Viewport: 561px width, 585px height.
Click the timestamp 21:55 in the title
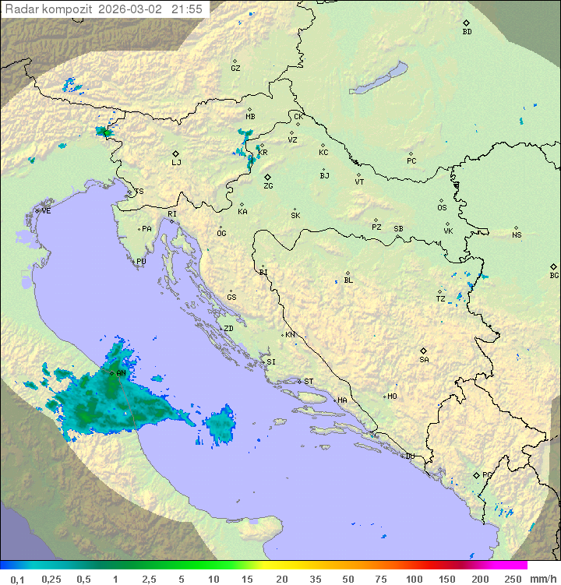pos(188,9)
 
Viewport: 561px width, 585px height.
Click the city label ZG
pos(268,186)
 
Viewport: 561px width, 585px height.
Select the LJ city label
pos(176,163)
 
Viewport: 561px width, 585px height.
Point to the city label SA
pos(424,360)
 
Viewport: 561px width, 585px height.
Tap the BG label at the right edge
pos(554,275)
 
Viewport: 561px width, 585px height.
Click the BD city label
pos(467,32)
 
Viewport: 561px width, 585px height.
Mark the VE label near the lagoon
pos(46,211)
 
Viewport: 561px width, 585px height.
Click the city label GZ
pos(235,69)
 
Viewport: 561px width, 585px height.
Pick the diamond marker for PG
pos(477,474)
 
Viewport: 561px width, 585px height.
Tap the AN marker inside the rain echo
pos(112,373)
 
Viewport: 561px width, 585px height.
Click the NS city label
pos(517,235)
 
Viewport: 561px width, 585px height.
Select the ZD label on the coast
pos(228,329)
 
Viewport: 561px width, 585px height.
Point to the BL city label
pos(348,280)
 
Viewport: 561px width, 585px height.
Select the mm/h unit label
pos(540,579)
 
